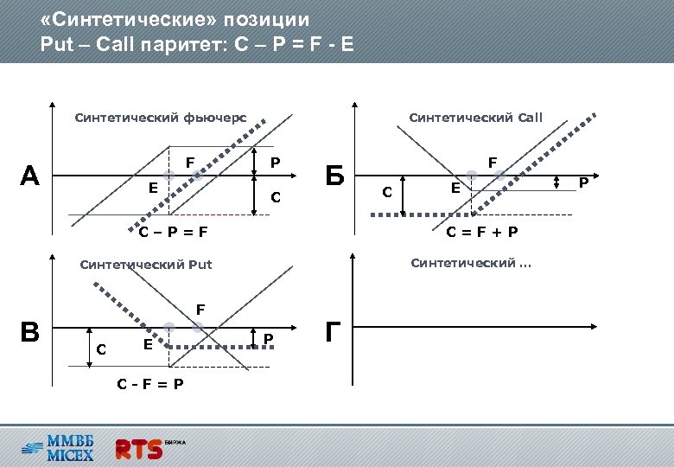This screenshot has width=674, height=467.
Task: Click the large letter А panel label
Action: [x=30, y=176]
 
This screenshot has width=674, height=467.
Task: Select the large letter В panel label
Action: [x=30, y=332]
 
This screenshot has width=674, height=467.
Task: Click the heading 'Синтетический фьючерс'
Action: [x=161, y=117]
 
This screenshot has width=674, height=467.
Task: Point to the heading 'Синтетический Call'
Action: [x=475, y=117]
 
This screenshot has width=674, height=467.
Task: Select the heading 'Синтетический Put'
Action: [x=145, y=265]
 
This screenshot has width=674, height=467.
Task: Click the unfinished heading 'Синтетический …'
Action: [x=471, y=263]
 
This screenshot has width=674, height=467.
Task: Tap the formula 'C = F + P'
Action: [x=482, y=233]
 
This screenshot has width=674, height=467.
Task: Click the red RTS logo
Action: [x=139, y=449]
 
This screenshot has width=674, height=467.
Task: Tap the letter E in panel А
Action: [x=152, y=187]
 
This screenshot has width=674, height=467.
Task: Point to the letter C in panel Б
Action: [x=388, y=190]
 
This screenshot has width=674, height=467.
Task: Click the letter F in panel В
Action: [x=200, y=309]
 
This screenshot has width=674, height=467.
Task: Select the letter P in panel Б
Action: [x=584, y=182]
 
